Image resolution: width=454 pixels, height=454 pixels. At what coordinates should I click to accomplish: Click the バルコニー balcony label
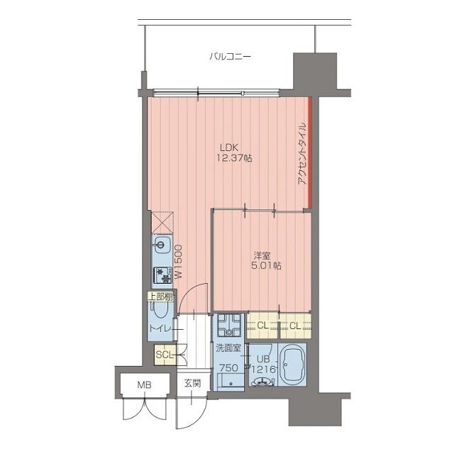pos(230,56)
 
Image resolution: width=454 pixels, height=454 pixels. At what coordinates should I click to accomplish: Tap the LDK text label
pos(229,148)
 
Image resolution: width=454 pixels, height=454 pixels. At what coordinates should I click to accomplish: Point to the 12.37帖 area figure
pos(234,158)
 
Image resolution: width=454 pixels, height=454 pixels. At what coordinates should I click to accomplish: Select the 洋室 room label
pos(262,255)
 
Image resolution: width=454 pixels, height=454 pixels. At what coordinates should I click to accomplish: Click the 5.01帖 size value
pos(266,266)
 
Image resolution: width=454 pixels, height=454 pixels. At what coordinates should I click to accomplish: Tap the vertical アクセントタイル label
pos(302,154)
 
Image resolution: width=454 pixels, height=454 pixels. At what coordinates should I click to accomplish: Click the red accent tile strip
pos(310,153)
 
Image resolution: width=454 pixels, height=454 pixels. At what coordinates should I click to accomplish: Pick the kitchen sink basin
pos(160,245)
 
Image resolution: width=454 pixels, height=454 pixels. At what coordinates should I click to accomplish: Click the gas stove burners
pos(162,275)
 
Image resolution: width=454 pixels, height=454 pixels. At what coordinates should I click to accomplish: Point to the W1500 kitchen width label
pos(178,262)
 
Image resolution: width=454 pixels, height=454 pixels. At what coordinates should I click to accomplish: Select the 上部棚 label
pos(161,297)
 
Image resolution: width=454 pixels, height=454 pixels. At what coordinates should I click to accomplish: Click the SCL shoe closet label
pos(165,355)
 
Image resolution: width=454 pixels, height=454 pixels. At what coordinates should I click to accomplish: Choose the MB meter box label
pos(144,384)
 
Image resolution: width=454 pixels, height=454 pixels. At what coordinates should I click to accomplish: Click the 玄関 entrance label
pos(192,384)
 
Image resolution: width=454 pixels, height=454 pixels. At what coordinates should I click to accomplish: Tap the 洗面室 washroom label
pos(228,348)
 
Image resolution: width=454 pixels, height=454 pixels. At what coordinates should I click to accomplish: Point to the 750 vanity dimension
pos(228,368)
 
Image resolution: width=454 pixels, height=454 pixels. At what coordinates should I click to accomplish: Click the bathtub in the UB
pos(292,365)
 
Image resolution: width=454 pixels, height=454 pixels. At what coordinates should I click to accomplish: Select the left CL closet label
pos(262,326)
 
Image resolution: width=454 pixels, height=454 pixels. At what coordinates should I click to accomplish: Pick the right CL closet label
pos(295,326)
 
